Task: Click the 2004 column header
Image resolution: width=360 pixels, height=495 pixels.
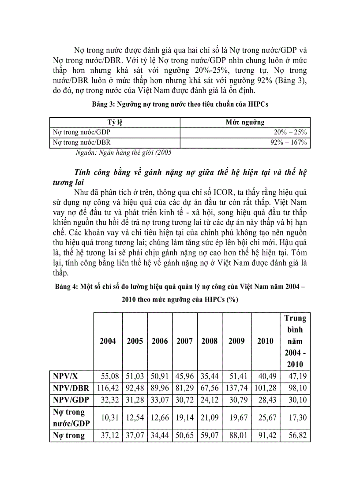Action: [108, 341]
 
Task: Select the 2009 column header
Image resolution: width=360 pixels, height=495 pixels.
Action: [236, 341]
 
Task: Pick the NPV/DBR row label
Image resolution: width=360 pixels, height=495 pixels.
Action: [71, 388]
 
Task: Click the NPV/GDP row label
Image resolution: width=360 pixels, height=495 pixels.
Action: [71, 400]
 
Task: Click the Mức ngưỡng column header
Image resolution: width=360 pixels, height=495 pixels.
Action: [245, 122]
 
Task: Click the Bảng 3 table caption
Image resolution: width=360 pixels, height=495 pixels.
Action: [180, 104]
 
